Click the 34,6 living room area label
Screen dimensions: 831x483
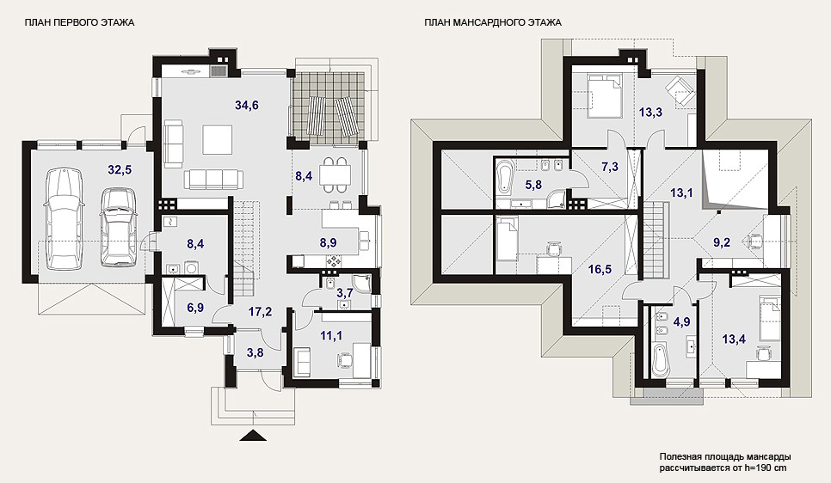(x=246, y=105)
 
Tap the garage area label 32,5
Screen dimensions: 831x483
(x=120, y=170)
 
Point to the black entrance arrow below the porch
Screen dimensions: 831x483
(x=253, y=435)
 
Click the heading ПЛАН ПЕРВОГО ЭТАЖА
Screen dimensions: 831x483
(x=79, y=22)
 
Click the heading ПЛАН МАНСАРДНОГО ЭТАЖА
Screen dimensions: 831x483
(x=492, y=22)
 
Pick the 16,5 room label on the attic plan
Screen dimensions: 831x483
(x=600, y=270)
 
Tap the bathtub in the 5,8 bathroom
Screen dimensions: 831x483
(x=504, y=177)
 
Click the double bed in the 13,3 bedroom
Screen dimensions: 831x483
(x=604, y=95)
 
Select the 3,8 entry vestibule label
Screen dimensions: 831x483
(x=255, y=352)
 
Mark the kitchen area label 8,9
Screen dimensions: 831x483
(x=328, y=243)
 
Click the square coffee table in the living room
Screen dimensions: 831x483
(x=218, y=139)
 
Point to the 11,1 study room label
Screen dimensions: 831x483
(x=331, y=336)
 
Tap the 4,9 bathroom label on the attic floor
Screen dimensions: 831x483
(x=681, y=322)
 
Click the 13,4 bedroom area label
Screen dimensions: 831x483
(x=734, y=339)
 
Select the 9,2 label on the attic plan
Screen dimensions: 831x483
(x=722, y=242)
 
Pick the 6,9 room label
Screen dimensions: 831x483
(x=195, y=308)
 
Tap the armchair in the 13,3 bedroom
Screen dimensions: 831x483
(x=680, y=89)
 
